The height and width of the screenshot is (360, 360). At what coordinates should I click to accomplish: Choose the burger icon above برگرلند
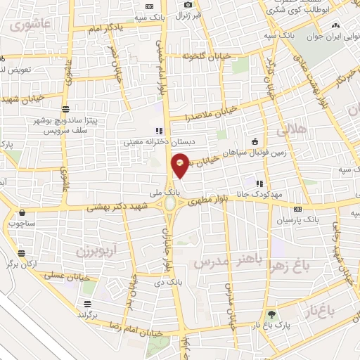coord(87,304)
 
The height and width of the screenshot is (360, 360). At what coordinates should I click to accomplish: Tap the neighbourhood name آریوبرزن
coord(95,250)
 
